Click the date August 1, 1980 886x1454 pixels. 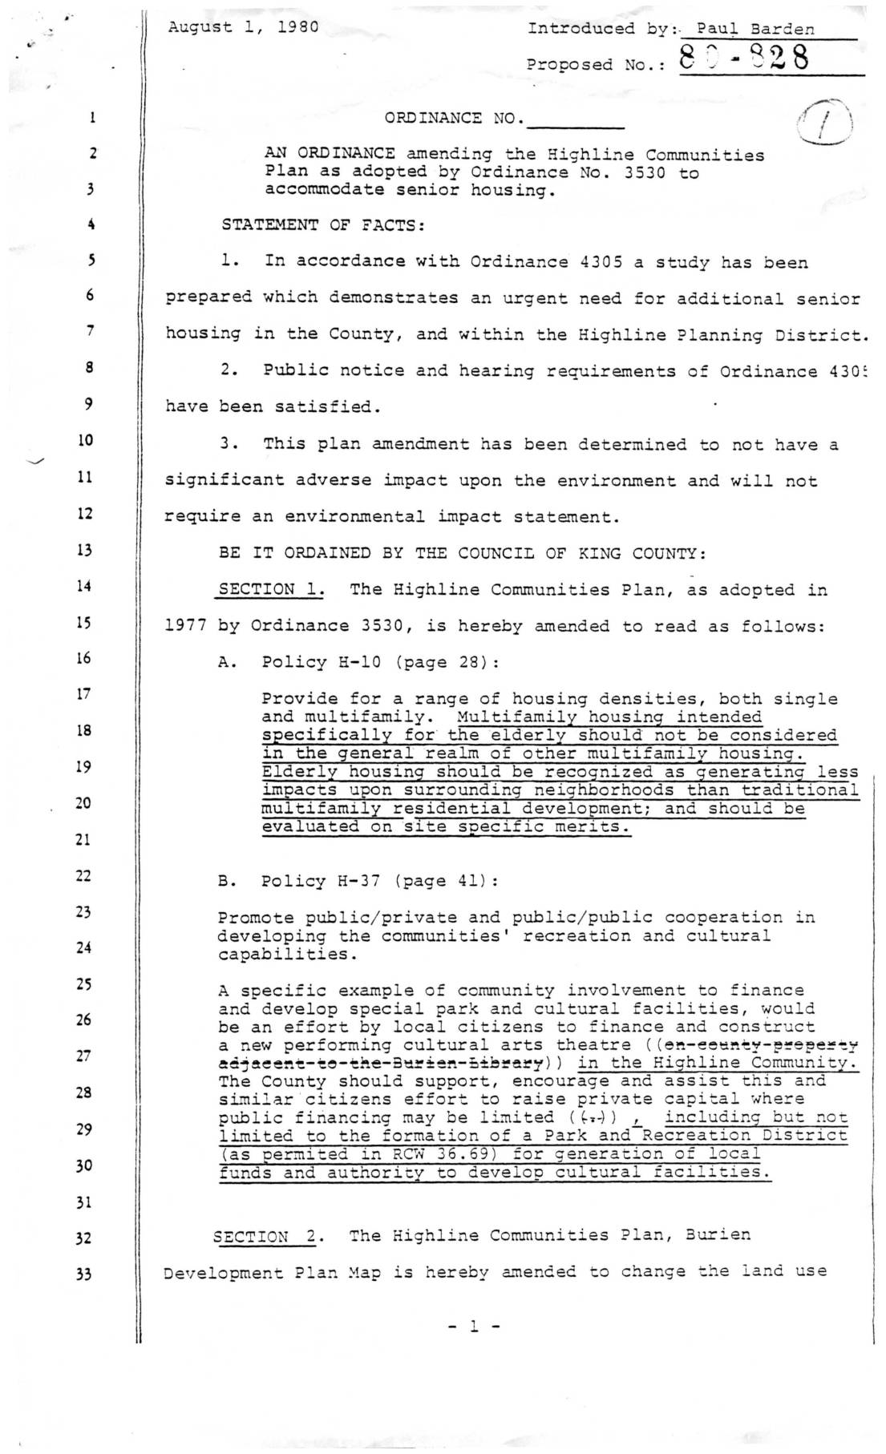[x=243, y=26]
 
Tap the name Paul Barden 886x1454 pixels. [x=755, y=30]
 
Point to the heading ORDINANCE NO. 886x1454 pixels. [x=454, y=119]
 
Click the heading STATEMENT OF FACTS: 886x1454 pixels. [x=323, y=225]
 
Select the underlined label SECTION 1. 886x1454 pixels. [x=271, y=590]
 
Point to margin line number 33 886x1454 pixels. [x=85, y=1274]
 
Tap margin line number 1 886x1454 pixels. [x=93, y=118]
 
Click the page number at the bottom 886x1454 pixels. [x=473, y=1327]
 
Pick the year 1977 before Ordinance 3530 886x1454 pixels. [x=186, y=626]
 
